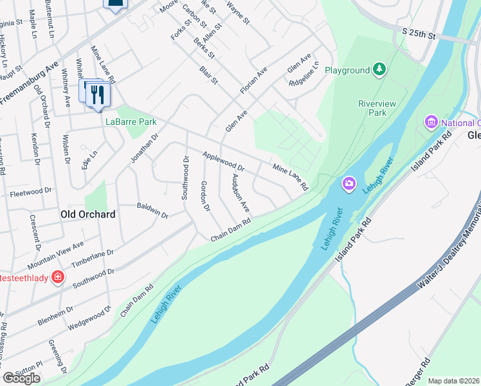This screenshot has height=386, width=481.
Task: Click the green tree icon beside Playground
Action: [x=380, y=69]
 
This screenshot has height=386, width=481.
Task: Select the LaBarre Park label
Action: [x=131, y=121]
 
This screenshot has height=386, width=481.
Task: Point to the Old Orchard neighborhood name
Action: [x=87, y=214]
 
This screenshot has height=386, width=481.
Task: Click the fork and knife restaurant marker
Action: [x=98, y=95]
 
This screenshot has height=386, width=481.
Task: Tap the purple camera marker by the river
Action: [x=349, y=184]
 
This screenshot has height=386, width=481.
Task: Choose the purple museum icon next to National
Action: [x=431, y=122]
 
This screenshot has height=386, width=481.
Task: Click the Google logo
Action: [x=21, y=378]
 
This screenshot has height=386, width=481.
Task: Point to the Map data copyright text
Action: [x=454, y=381]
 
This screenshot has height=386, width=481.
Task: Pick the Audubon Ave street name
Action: [x=240, y=194]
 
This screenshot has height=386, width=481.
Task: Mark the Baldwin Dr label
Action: [x=152, y=210]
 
